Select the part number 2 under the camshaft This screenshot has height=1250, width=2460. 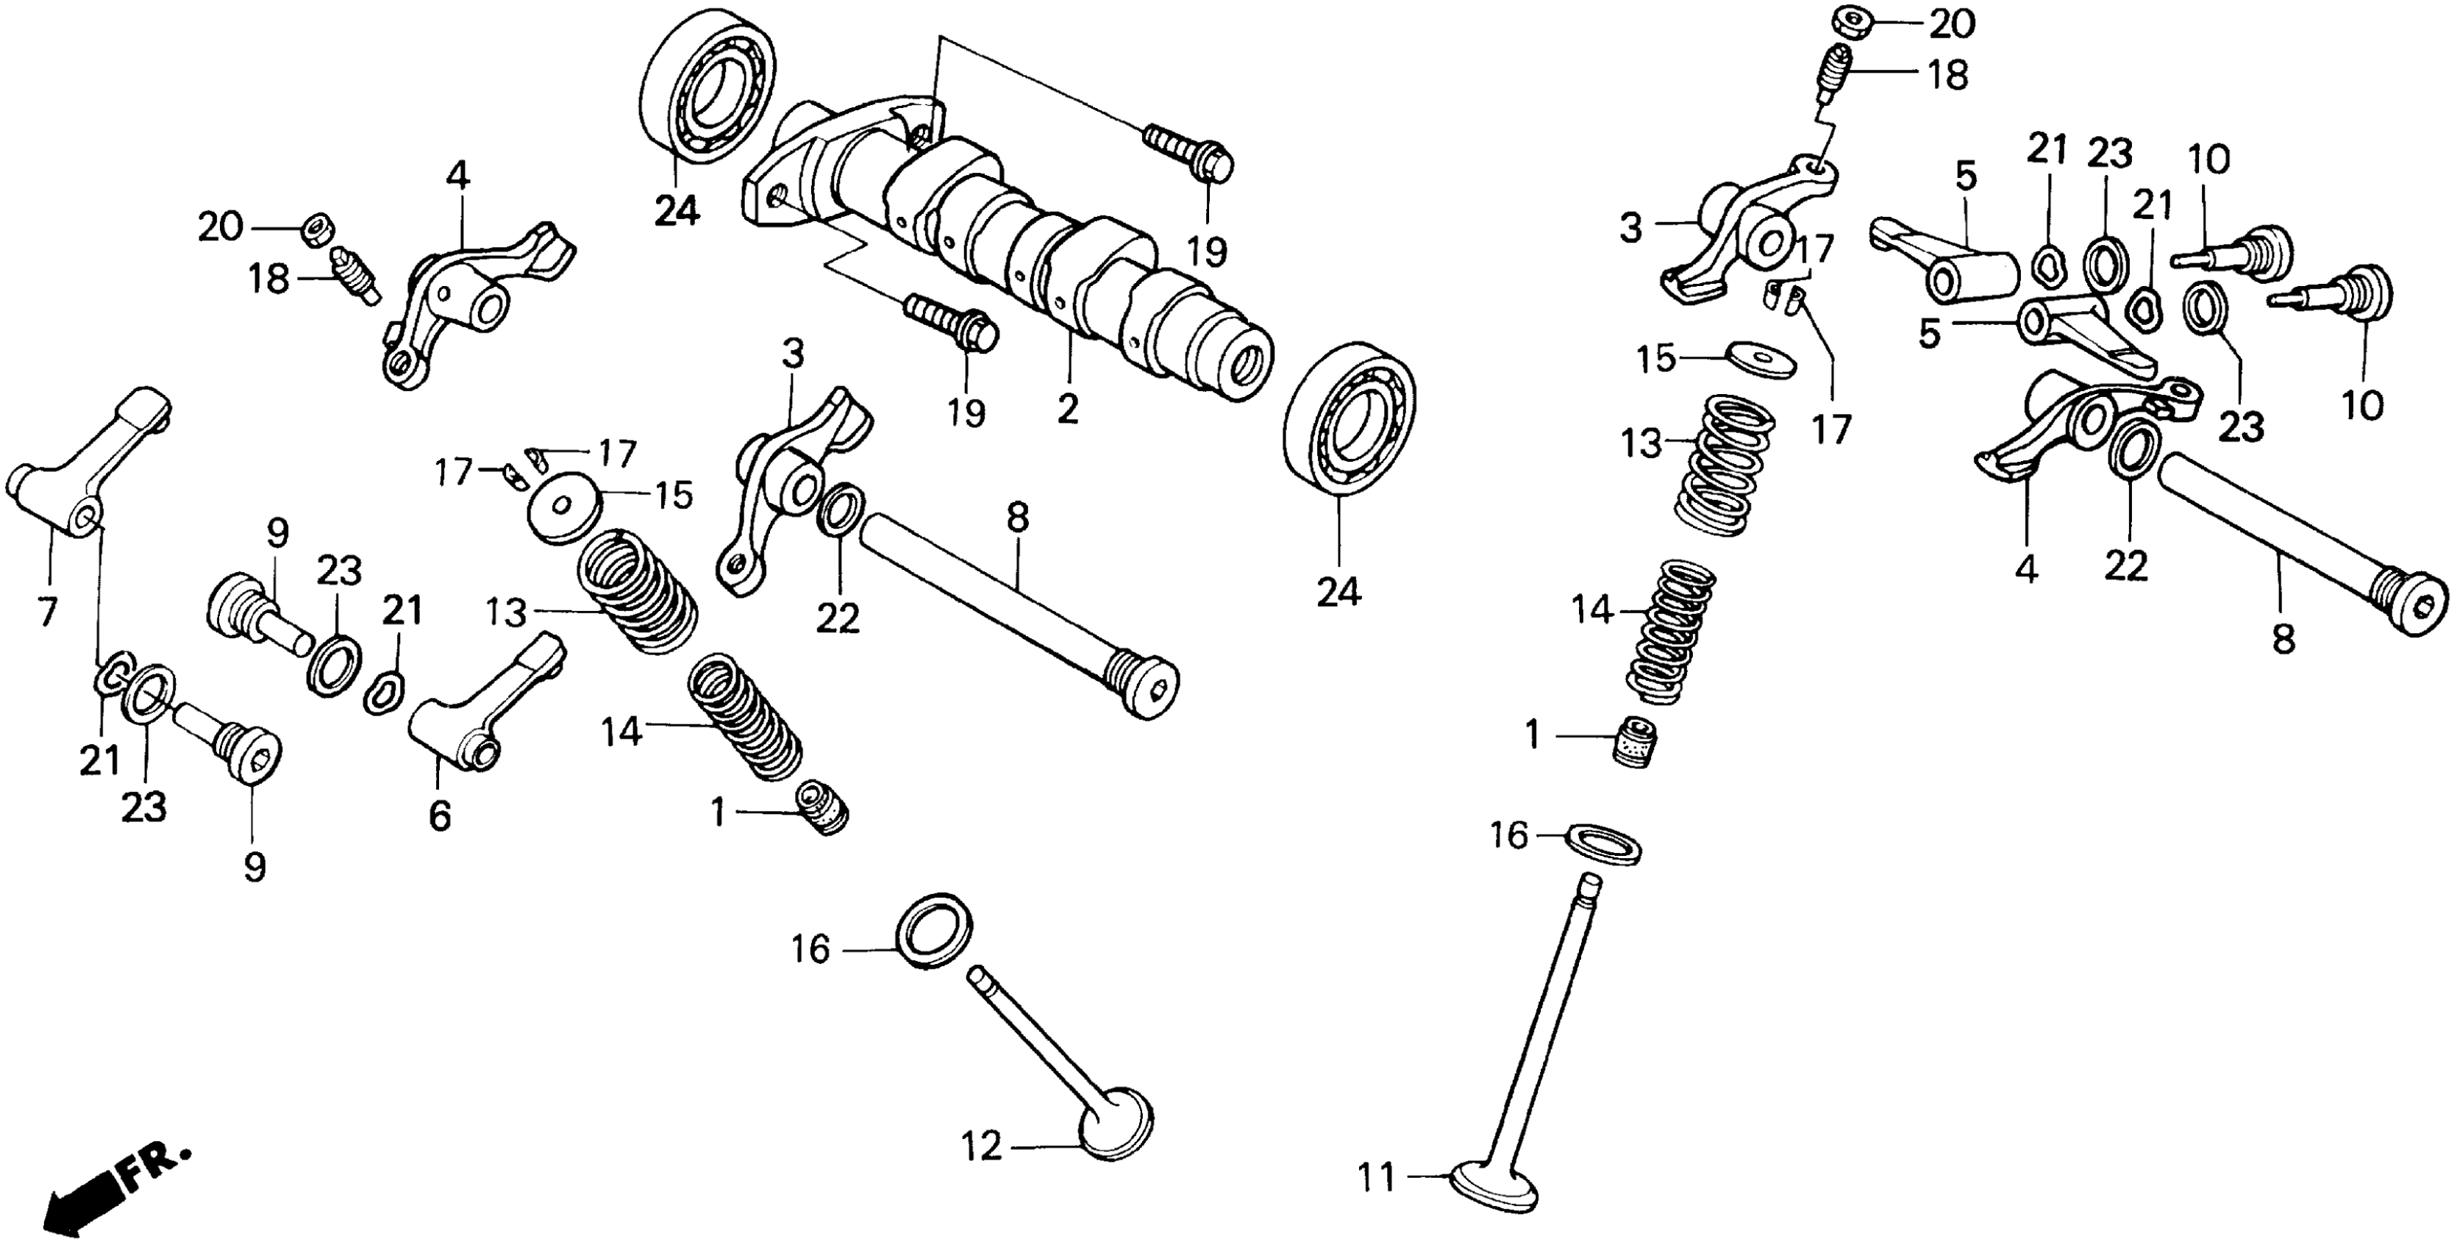pyautogui.click(x=1068, y=408)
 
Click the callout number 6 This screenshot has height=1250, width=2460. pyautogui.click(x=438, y=816)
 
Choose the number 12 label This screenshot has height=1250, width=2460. pyautogui.click(x=982, y=1145)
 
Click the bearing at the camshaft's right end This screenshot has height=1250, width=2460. pyautogui.click(x=1350, y=418)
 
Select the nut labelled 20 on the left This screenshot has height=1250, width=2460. pyautogui.click(x=317, y=229)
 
